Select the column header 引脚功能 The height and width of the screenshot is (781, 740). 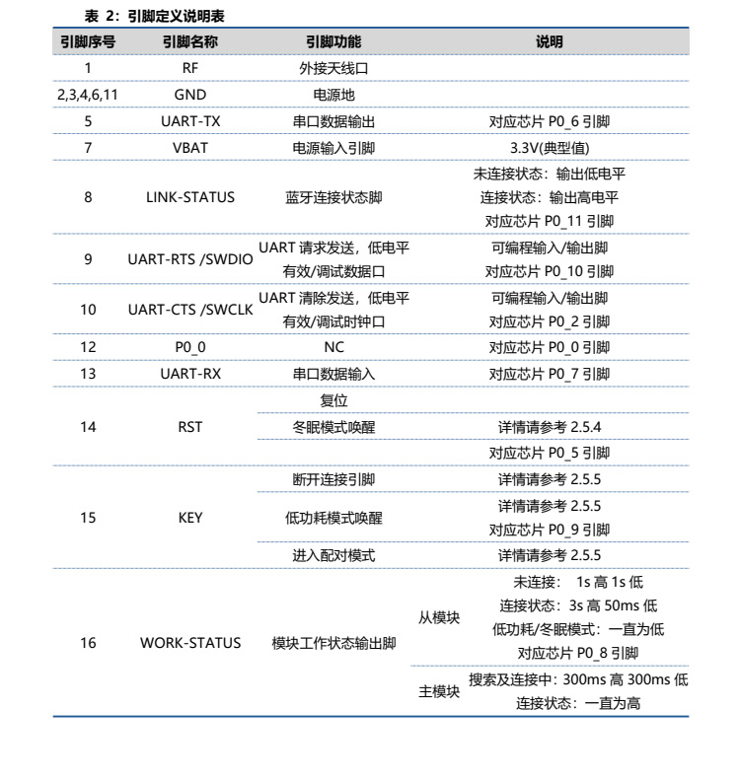pos(333,42)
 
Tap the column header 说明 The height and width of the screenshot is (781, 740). pos(550,42)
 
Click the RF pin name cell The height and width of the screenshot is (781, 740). pos(190,69)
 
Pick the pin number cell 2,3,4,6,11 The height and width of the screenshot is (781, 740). pos(88,96)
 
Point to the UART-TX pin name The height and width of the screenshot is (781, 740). pos(190,122)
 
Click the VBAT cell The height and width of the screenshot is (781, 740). pos(190,148)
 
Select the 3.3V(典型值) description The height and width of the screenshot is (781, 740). pos(550,148)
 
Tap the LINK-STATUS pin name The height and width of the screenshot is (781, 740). pos(190,197)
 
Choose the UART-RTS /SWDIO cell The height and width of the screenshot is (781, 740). pos(190,259)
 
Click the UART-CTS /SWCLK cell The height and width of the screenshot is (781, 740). pos(190,310)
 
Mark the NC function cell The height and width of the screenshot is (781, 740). pos(333,347)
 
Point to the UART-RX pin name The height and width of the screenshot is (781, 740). pos(190,374)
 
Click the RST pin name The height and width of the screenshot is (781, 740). pos(190,427)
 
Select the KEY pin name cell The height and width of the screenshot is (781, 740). pos(190,517)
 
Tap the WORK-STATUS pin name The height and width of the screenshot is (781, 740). pos(190,643)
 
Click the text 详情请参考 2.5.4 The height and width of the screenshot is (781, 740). pos(550,427)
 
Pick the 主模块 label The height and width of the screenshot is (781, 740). pos(439,692)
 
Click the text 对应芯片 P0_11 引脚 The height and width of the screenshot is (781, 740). pos(550,221)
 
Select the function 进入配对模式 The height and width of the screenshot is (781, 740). pos(333,555)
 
